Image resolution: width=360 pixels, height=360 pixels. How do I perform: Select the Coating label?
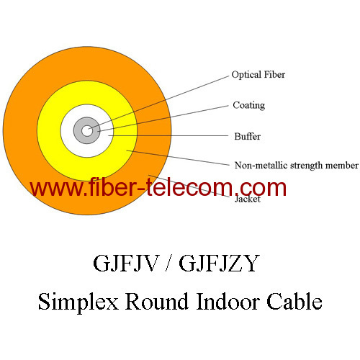[x=248, y=105]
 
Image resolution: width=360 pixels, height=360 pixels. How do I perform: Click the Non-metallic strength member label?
[x=296, y=165]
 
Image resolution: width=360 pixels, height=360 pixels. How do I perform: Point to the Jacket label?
[x=247, y=199]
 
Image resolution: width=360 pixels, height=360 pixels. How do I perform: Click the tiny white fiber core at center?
[x=87, y=130]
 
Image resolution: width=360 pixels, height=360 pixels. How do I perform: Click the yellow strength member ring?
[x=50, y=130]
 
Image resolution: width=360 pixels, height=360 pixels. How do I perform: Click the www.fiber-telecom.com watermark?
[x=158, y=189]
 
